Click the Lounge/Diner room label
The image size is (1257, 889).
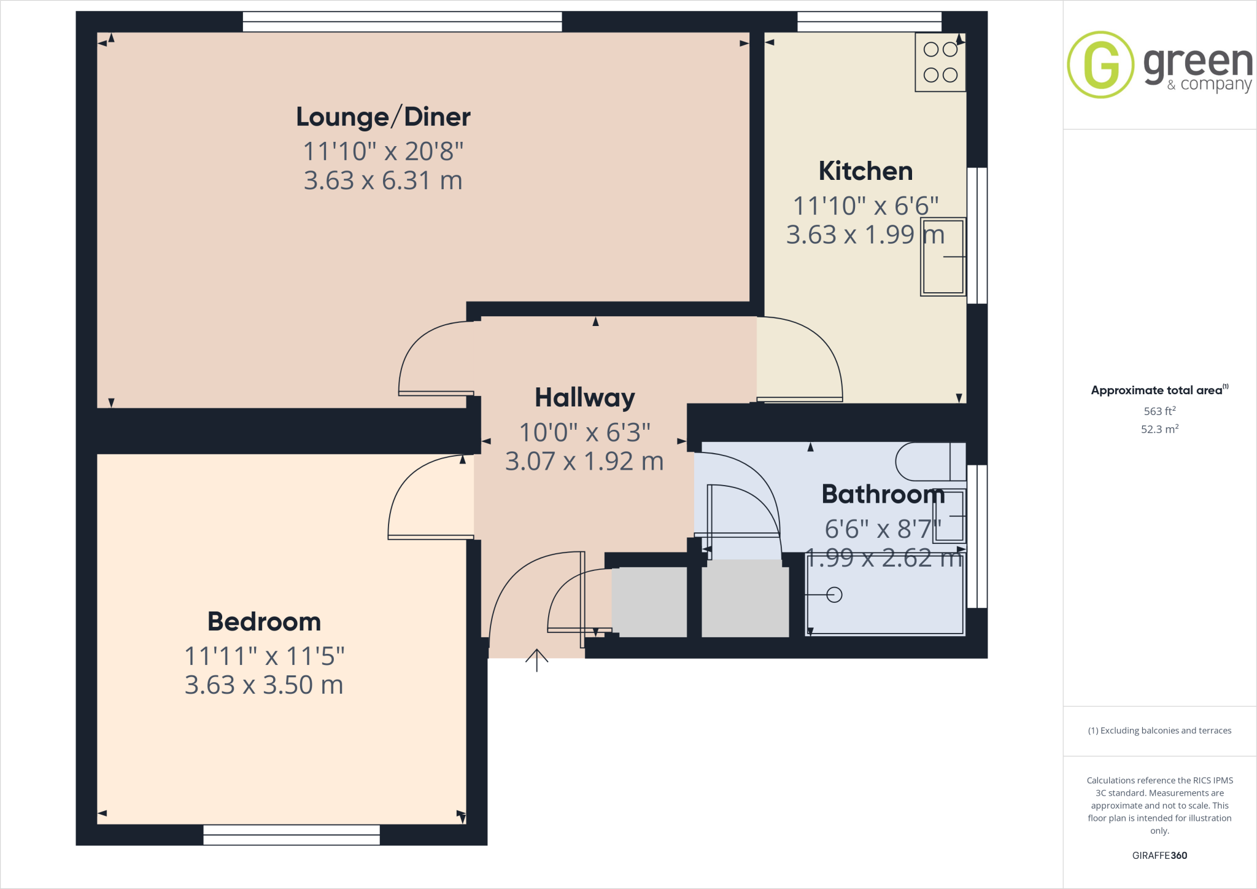point(383,117)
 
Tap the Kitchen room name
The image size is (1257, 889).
point(865,171)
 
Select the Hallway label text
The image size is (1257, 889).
point(584,398)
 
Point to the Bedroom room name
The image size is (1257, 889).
point(264,621)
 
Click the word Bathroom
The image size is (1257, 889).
point(883,494)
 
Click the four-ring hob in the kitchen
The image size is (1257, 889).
point(940,62)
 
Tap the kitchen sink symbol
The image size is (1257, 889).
point(943,257)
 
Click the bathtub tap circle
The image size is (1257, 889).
point(834,594)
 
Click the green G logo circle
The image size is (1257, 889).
point(1100,64)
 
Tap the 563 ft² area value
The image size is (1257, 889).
point(1159,411)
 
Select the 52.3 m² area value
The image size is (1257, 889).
point(1159,429)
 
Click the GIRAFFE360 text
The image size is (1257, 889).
point(1159,855)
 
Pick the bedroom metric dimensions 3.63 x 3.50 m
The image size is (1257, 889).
point(264,685)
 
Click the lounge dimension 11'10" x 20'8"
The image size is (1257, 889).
point(383,151)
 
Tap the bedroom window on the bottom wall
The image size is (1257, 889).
point(292,835)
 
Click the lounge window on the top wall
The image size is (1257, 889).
point(402,22)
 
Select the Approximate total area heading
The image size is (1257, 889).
point(1158,390)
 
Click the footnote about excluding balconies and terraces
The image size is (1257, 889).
point(1159,731)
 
